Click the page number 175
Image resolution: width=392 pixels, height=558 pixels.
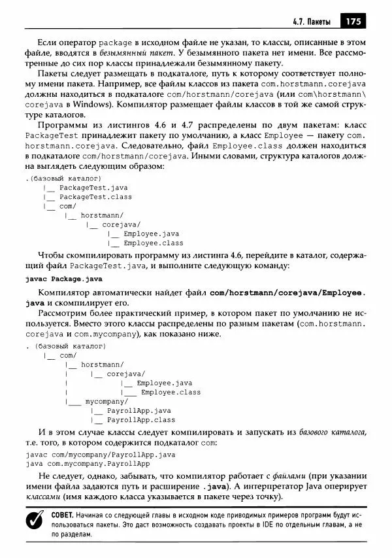pyautogui.click(x=354, y=20)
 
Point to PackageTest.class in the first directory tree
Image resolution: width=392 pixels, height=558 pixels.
pyautogui.click(x=95, y=196)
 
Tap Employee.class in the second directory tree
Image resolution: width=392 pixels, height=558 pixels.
pyautogui.click(x=171, y=392)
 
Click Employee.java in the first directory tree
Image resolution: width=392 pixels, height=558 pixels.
pyautogui.click(x=151, y=234)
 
